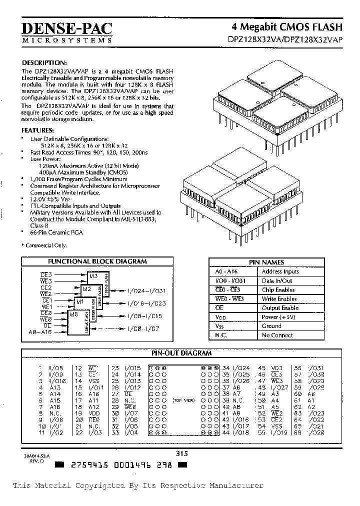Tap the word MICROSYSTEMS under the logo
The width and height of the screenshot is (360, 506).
[67, 39]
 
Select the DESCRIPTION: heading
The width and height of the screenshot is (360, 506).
[44, 63]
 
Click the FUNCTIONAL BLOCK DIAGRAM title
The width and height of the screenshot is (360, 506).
[97, 261]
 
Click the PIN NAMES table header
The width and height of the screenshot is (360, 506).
[266, 262]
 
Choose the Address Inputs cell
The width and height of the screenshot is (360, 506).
[280, 271]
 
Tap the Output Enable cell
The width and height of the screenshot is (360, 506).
[280, 308]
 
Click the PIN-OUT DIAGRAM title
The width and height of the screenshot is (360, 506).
[181, 353]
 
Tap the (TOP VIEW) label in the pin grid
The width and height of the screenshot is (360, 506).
[183, 400]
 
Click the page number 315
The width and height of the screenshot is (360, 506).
[181, 454]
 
